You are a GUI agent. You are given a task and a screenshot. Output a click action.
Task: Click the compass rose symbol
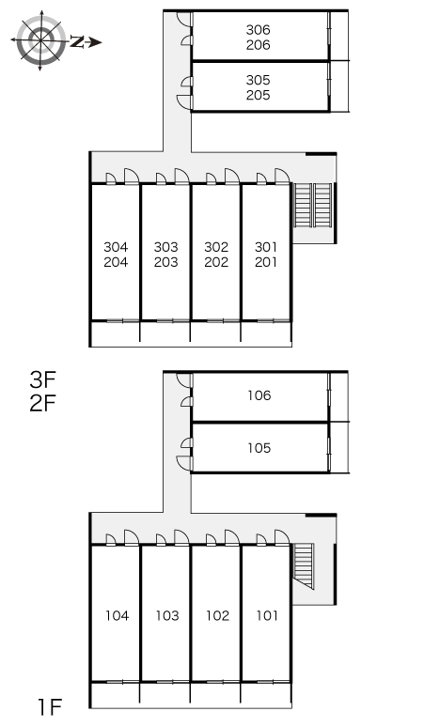(40, 40)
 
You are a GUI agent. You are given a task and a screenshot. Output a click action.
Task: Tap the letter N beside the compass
(77, 42)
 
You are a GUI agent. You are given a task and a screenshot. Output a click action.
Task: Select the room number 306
(258, 30)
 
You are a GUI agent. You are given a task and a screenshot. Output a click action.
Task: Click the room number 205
(258, 95)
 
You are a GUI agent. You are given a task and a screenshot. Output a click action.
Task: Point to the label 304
(116, 247)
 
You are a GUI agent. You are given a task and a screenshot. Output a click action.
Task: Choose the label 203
(166, 262)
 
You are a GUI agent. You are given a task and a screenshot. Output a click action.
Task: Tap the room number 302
(216, 247)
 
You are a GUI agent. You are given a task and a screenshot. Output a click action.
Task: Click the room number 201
(266, 262)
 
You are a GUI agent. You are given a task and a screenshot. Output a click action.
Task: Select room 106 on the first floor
(259, 395)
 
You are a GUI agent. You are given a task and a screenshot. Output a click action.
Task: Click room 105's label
(259, 448)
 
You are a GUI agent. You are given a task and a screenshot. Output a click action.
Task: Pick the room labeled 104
(117, 616)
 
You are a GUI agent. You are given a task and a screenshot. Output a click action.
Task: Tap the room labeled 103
(167, 616)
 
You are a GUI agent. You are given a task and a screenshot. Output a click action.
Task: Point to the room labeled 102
(217, 616)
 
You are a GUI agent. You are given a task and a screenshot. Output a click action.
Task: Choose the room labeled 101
(267, 616)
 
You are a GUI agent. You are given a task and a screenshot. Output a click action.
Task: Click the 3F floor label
(42, 380)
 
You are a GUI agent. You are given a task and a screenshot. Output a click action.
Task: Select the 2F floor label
(42, 403)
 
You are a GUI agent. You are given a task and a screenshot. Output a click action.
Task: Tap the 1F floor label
(50, 707)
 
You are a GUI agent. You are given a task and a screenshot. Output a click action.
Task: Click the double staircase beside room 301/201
(313, 206)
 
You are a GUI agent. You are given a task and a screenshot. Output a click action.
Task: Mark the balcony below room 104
(115, 694)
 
